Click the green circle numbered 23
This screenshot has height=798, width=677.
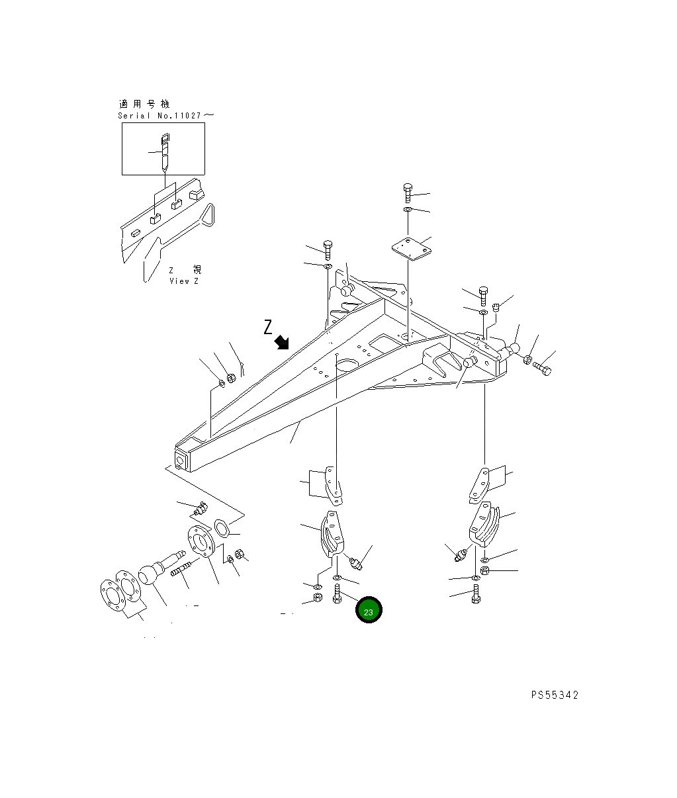point(369,611)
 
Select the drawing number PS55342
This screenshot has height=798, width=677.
point(555,695)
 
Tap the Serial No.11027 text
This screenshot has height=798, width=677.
point(165,116)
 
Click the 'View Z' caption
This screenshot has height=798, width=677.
point(183,281)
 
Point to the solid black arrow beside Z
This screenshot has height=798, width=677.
point(283,341)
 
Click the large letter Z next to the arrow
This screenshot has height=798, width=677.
point(268,326)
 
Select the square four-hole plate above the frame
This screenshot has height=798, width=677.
point(408,249)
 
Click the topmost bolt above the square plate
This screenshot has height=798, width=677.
point(408,193)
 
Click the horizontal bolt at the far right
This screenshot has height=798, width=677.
point(542,368)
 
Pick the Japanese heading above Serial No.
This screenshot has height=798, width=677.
point(144,104)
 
